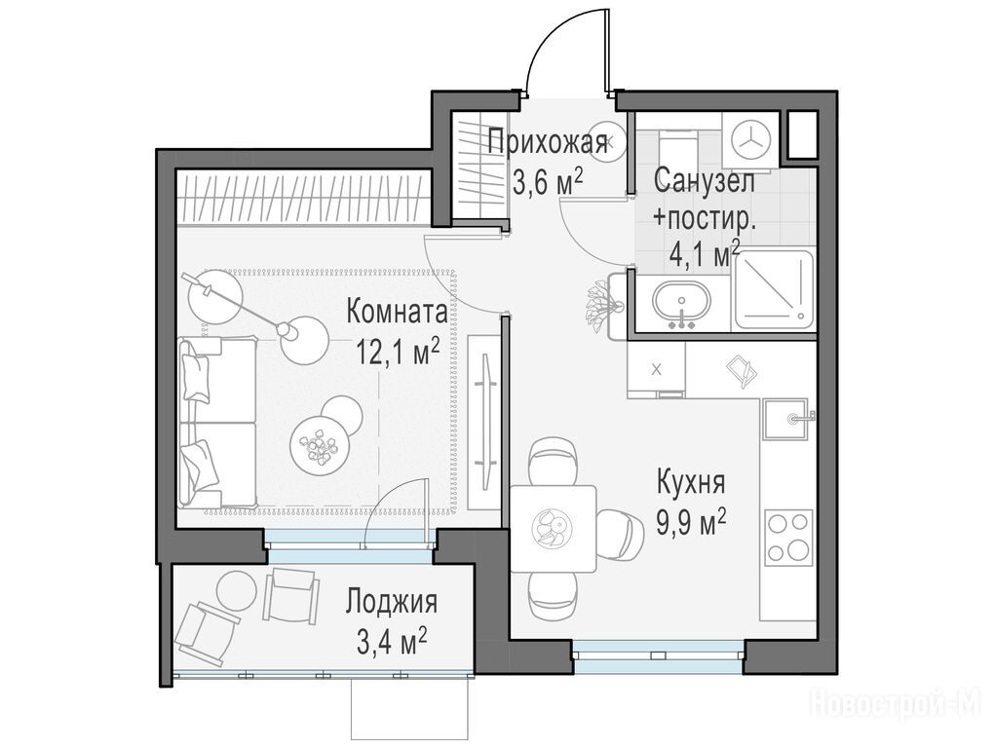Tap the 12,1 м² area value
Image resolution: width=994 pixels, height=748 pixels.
point(398,352)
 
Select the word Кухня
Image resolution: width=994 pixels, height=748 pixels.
point(690,482)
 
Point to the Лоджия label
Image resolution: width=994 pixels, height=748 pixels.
point(391,602)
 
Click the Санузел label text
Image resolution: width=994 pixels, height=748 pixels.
point(705,180)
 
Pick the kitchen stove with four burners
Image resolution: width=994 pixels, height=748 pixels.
point(788,538)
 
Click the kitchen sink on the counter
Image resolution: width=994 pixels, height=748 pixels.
point(785,419)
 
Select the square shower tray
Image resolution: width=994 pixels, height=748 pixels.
point(774,289)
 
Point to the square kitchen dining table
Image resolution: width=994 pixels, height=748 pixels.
point(554,528)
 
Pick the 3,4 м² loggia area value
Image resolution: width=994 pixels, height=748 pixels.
point(391,642)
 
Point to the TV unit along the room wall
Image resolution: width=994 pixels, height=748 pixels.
point(485,421)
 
